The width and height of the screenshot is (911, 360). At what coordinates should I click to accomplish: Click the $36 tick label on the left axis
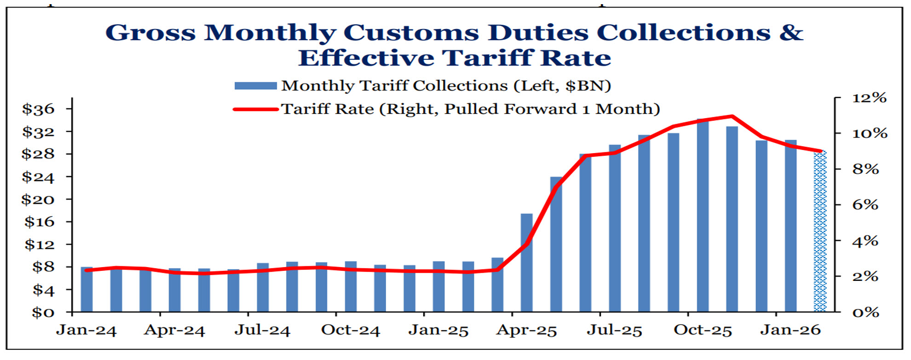38,109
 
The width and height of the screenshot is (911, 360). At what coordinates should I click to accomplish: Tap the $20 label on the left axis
38,200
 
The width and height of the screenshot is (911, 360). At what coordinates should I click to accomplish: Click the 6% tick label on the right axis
865,205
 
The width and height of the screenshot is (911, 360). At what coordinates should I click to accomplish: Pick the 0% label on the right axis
865,313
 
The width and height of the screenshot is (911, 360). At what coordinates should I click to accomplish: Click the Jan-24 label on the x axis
86,331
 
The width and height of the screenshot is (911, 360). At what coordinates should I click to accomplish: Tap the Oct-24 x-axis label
351,331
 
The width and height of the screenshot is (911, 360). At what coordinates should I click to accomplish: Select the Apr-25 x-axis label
526,331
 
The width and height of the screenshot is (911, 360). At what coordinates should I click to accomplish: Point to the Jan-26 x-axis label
790,331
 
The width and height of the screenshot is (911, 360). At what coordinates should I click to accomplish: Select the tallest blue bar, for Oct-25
703,216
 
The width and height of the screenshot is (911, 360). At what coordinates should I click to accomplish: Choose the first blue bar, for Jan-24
86,290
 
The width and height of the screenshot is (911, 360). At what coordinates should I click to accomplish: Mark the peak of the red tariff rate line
732,116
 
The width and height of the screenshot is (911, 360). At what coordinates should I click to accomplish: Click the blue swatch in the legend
255,86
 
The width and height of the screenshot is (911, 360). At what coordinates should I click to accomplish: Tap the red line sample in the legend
255,109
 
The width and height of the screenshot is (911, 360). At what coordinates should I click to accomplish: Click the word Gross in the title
150,33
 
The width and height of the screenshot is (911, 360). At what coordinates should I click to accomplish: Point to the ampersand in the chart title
791,33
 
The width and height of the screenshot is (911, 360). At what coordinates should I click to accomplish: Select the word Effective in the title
366,58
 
